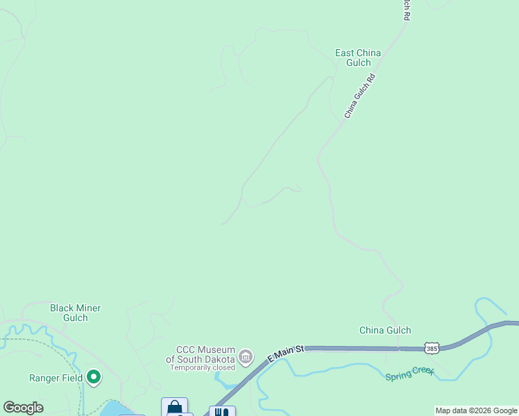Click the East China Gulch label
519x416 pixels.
(357, 58)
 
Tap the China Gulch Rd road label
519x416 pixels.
(359, 96)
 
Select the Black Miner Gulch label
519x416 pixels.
(76, 313)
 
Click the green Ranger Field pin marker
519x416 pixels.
(94, 378)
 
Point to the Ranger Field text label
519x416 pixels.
(56, 378)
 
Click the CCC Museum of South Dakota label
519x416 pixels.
(200, 354)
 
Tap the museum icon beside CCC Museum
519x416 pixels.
(245, 356)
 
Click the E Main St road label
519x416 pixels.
(286, 354)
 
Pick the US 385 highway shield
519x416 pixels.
(432, 347)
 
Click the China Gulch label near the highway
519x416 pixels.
(385, 330)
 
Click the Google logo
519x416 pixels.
(23, 408)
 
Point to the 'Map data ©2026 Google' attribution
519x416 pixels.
(476, 410)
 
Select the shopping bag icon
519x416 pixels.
(174, 407)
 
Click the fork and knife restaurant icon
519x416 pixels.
(222, 412)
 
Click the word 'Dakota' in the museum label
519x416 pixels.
(219, 359)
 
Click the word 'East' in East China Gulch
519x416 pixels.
(345, 53)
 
